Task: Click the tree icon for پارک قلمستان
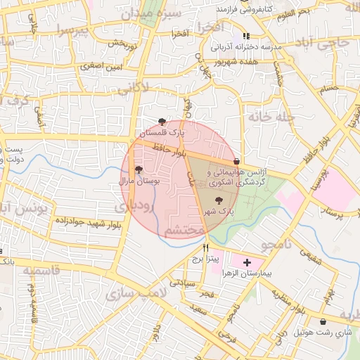(x=162, y=122)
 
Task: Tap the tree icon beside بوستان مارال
(x=139, y=169)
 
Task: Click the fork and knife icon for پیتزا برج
(x=206, y=248)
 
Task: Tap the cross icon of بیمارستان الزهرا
(x=247, y=263)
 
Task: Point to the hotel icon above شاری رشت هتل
(x=323, y=321)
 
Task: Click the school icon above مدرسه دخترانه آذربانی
(x=245, y=36)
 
